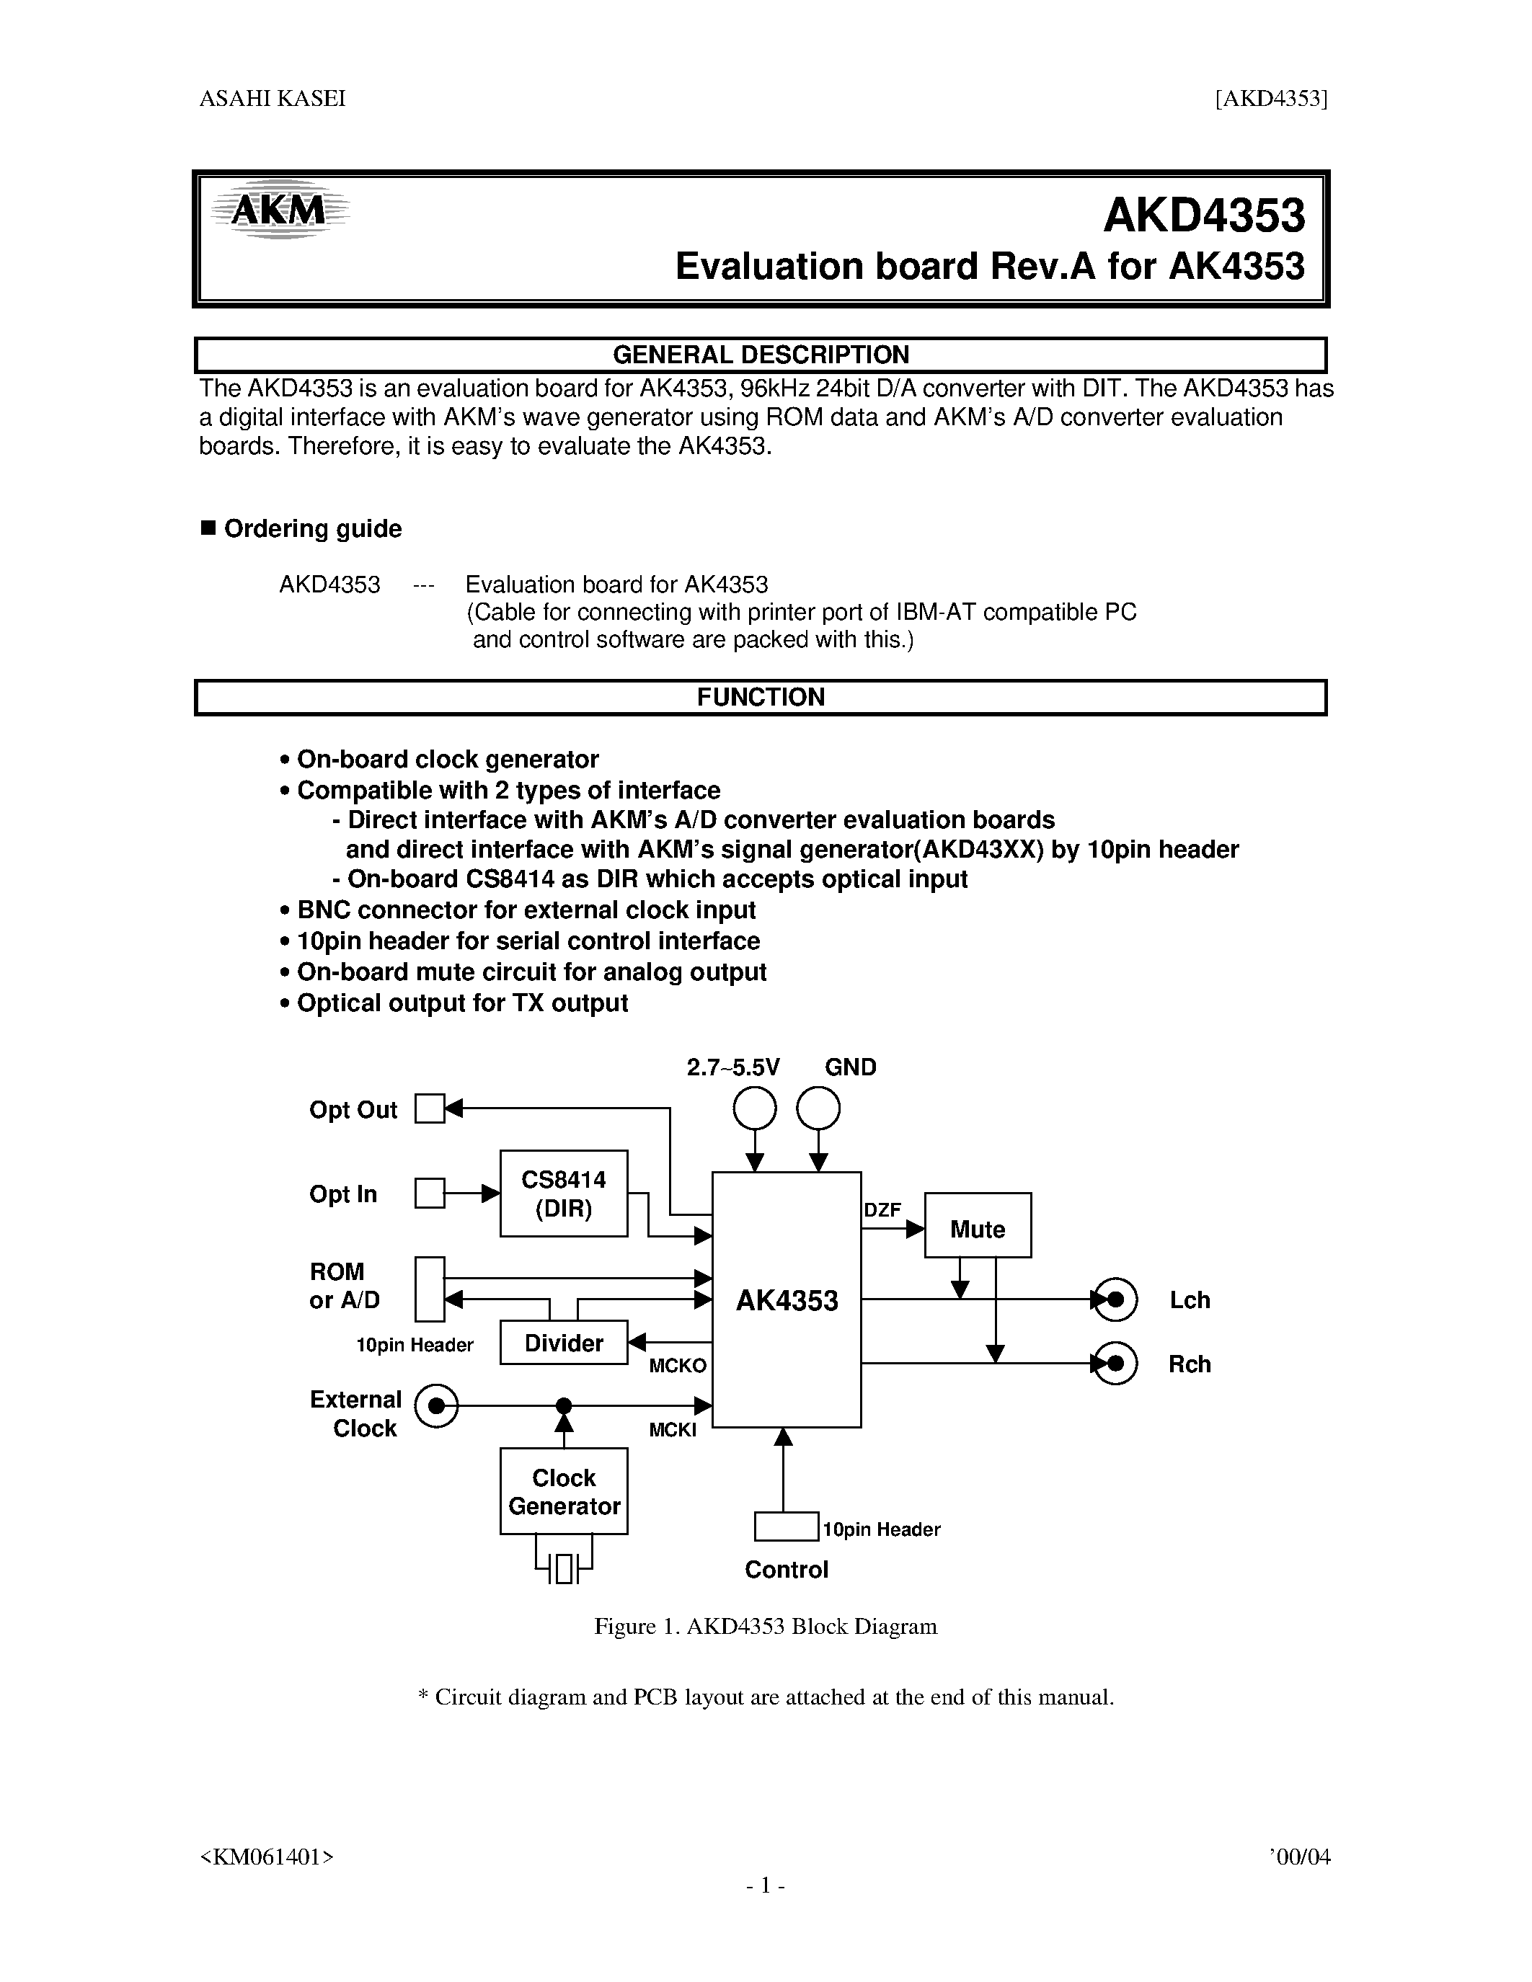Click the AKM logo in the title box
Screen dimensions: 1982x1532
[278, 211]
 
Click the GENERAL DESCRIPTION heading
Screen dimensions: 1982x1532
[761, 355]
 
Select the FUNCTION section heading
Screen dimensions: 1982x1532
[761, 697]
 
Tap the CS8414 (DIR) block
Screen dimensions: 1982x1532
[564, 1194]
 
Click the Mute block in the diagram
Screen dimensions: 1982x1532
[978, 1229]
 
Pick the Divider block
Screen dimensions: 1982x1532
[564, 1343]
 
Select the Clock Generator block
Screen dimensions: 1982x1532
[564, 1491]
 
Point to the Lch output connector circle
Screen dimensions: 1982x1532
[1115, 1299]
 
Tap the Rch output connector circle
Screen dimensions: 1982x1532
[1115, 1364]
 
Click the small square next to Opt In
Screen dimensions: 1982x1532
[429, 1194]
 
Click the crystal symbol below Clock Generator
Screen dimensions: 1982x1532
[564, 1568]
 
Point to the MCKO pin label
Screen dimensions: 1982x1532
[677, 1366]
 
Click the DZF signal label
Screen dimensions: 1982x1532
[882, 1209]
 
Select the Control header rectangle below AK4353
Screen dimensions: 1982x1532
[787, 1527]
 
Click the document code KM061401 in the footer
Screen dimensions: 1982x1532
[267, 1857]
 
